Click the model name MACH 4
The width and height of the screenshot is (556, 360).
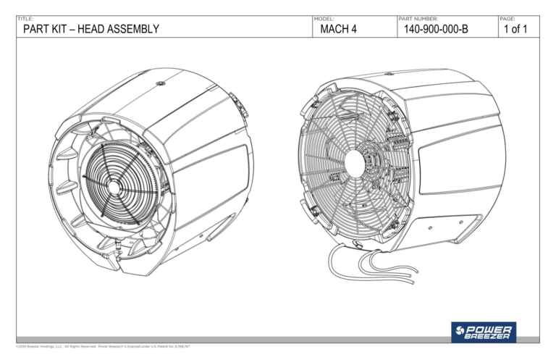pos(339,29)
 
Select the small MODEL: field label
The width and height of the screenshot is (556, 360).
pos(324,18)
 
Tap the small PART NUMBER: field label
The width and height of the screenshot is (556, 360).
pos(418,18)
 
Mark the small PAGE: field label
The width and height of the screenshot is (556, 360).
pos(508,18)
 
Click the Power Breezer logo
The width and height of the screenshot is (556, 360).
pos(483,332)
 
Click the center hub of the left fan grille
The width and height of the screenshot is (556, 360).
pos(114,186)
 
